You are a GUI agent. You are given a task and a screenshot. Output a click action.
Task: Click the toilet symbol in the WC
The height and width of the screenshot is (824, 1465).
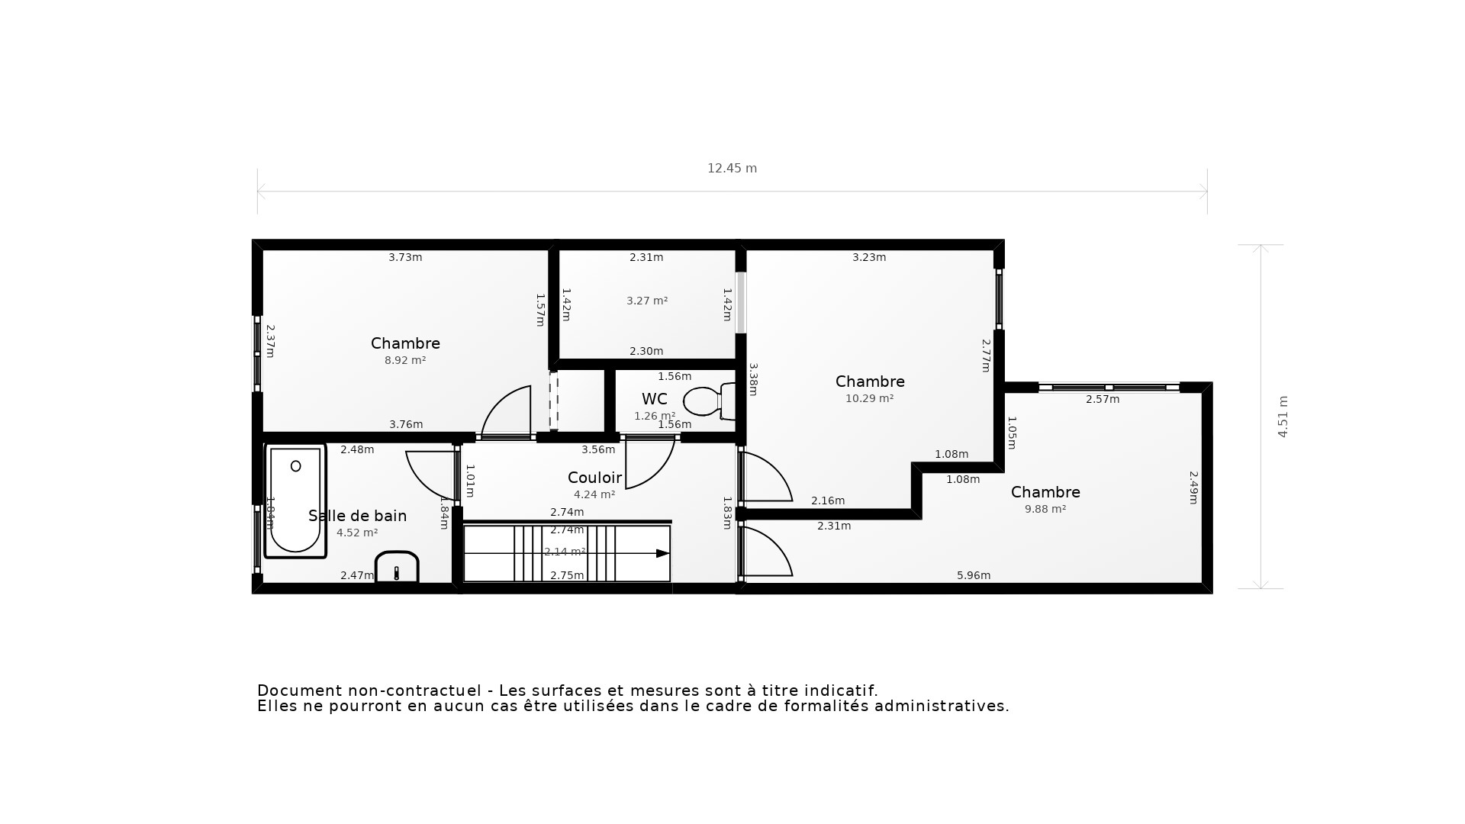click(708, 401)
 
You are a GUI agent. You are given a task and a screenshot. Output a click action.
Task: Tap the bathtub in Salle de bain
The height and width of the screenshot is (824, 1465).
click(295, 501)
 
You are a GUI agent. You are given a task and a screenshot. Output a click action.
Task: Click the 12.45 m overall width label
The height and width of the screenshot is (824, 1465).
click(732, 169)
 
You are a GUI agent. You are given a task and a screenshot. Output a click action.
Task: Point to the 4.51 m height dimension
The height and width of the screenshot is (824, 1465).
click(1283, 417)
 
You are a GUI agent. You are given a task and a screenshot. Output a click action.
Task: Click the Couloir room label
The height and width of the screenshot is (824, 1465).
click(594, 478)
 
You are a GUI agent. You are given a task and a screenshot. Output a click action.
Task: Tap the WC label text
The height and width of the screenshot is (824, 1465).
click(654, 399)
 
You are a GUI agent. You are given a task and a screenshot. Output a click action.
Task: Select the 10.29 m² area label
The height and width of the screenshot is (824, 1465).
click(869, 398)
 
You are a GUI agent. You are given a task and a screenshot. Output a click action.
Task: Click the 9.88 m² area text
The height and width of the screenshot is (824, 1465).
click(1045, 509)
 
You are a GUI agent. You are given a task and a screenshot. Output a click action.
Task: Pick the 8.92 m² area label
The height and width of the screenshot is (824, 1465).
click(405, 360)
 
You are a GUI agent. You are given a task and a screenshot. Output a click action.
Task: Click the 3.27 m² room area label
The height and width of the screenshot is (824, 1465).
click(647, 301)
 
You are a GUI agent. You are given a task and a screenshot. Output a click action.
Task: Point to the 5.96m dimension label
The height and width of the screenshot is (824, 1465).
click(974, 575)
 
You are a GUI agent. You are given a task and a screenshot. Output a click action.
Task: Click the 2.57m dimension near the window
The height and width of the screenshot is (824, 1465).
click(1103, 399)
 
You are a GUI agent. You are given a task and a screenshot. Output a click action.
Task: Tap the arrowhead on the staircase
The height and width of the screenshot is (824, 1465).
click(662, 553)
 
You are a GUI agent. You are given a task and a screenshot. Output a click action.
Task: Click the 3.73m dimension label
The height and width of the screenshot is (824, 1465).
click(405, 257)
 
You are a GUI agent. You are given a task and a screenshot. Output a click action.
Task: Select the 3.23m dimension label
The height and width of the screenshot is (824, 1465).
click(869, 257)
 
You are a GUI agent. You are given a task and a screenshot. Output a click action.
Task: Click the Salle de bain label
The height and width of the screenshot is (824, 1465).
click(357, 516)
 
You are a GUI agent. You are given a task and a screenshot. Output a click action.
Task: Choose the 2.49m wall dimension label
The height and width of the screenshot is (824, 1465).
click(1194, 487)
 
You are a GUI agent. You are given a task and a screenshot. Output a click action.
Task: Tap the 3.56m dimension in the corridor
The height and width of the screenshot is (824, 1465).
click(598, 449)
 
